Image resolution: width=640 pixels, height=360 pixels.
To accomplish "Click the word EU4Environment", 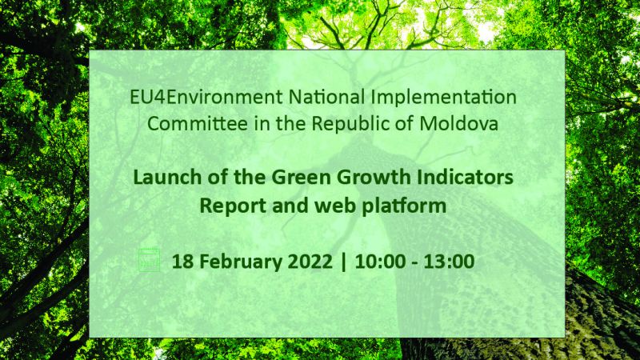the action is click(x=206, y=97).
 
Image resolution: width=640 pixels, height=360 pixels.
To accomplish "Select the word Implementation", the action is click(x=444, y=98).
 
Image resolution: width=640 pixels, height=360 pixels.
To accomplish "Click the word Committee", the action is click(x=197, y=124).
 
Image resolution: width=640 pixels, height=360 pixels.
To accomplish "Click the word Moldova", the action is click(x=458, y=124).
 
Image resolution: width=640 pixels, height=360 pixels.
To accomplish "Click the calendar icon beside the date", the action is click(x=149, y=260).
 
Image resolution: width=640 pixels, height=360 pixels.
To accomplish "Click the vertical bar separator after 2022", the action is click(x=343, y=262).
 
